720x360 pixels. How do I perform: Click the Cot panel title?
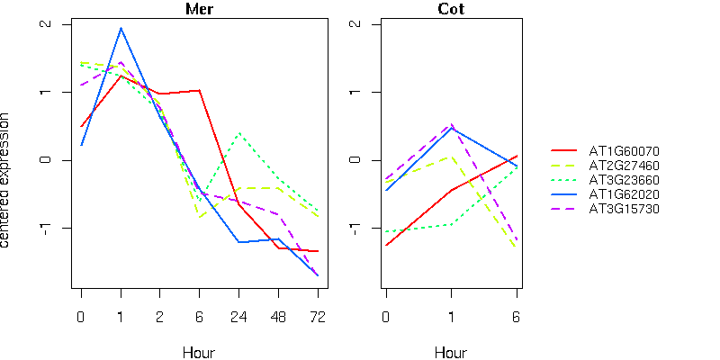click(451, 10)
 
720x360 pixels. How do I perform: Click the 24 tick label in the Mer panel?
click(238, 317)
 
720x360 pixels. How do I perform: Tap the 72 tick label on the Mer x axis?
click(317, 317)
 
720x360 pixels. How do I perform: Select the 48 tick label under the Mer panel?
click(278, 317)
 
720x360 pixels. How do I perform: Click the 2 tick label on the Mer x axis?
click(160, 317)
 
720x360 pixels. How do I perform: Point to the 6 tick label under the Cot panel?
click(517, 317)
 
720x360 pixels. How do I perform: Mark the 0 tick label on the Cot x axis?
click(386, 317)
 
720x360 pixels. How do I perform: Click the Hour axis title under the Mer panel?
click(199, 352)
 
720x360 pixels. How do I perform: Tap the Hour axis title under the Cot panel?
click(451, 352)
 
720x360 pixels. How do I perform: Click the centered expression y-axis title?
click(8, 180)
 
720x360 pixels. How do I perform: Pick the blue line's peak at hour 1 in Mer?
click(121, 28)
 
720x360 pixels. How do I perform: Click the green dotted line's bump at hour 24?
click(238, 134)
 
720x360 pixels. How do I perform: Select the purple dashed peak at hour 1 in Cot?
click(452, 124)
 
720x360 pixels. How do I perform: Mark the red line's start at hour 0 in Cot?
click(386, 245)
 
